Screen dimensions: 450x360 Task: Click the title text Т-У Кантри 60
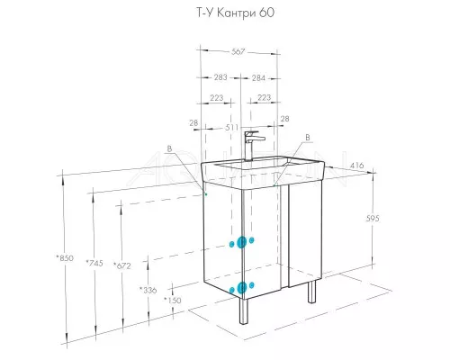pyautogui.click(x=235, y=13)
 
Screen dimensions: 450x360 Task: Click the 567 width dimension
pyautogui.click(x=238, y=51)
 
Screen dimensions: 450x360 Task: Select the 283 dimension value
pyautogui.click(x=220, y=77)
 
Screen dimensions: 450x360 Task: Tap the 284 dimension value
pyautogui.click(x=258, y=78)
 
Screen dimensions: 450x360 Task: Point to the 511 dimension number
pyautogui.click(x=231, y=128)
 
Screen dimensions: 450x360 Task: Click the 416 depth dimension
pyautogui.click(x=357, y=165)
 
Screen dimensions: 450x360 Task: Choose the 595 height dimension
pyautogui.click(x=373, y=219)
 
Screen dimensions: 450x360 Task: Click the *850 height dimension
pyautogui.click(x=65, y=257)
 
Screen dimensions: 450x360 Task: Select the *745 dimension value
pyautogui.click(x=94, y=263)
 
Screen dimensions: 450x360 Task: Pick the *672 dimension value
pyautogui.click(x=122, y=265)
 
